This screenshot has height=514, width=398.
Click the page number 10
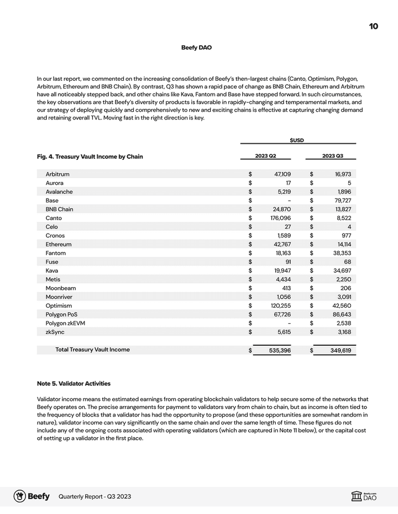[374, 27]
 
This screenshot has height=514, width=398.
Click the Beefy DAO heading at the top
[196, 48]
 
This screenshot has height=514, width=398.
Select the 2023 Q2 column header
[265, 156]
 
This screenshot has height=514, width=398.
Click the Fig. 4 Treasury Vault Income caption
[90, 157]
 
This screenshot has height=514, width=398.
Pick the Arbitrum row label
[57, 174]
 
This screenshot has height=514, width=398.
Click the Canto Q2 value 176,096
[280, 218]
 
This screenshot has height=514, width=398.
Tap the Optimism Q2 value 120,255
[280, 305]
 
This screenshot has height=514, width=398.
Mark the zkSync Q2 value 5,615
[282, 332]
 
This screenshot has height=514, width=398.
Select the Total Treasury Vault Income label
[92, 350]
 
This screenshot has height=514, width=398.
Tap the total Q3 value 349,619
[339, 350]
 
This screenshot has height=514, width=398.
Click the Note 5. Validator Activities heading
[74, 383]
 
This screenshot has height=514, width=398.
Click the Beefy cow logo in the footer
[20, 496]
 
